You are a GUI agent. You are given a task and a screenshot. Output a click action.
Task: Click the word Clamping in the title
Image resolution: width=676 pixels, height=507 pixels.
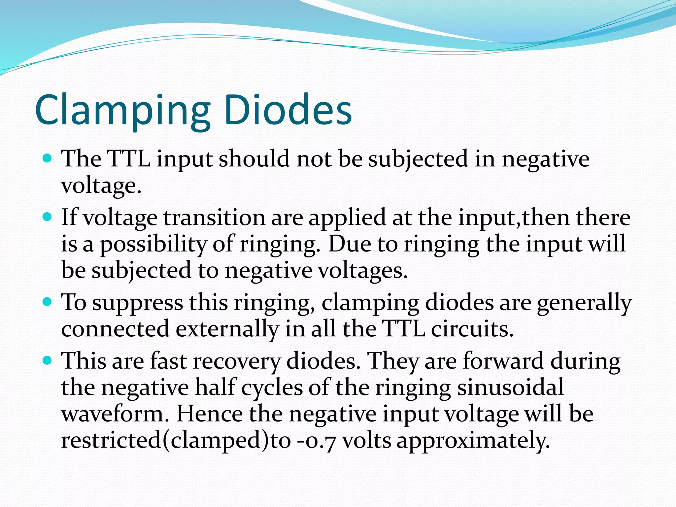(x=122, y=111)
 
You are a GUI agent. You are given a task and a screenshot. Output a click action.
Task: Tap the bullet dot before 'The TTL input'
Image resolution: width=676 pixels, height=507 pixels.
(x=48, y=159)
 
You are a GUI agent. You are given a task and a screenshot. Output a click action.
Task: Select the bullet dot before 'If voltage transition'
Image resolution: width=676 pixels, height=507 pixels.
(x=48, y=218)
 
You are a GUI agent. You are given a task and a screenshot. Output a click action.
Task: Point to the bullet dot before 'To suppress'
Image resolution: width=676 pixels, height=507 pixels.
(x=48, y=302)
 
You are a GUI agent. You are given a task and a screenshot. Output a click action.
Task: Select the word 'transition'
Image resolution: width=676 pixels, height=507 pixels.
(x=214, y=218)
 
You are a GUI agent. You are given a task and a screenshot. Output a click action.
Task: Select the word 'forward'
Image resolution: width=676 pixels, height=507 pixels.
(x=503, y=361)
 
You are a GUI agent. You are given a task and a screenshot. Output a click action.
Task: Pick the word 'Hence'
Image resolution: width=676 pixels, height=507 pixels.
(x=210, y=414)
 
